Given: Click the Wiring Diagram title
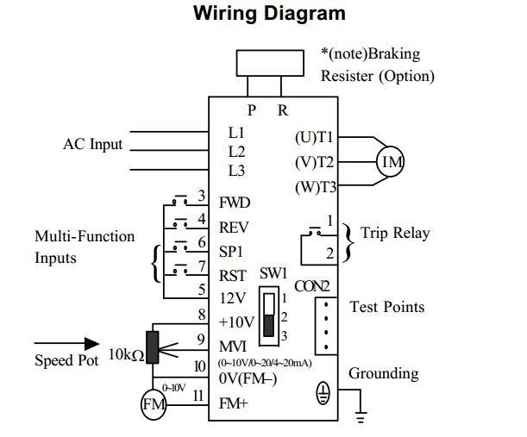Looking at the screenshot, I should click(269, 15).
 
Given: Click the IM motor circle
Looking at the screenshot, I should click(389, 162).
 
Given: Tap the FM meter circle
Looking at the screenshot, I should click(154, 403).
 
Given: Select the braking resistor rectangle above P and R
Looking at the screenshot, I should click(269, 64).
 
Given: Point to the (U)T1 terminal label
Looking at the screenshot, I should click(315, 137).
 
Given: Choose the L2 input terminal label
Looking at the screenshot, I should click(236, 151).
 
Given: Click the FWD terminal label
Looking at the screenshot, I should click(235, 203).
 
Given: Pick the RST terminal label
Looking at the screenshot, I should click(233, 275).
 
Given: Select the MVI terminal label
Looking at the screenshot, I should click(234, 346).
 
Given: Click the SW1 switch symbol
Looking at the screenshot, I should click(271, 315).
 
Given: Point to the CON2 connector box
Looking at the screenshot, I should click(325, 326).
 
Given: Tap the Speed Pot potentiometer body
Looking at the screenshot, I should click(154, 346).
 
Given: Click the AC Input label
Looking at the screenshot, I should click(93, 144).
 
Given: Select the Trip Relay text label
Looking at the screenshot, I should click(395, 234).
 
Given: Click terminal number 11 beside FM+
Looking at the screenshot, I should click(198, 396).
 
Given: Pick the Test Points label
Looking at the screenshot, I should click(386, 307).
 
